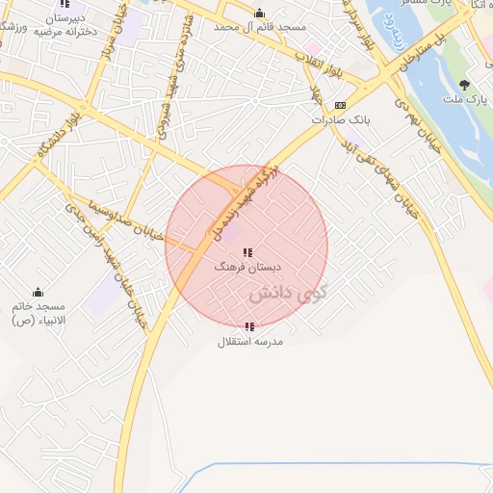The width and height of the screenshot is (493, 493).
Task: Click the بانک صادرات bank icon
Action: [x=340, y=105]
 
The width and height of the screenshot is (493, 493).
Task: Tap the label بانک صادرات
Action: [x=340, y=120]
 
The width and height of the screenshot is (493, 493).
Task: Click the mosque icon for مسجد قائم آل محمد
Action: [x=258, y=13]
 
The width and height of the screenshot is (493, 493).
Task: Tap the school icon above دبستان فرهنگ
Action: [x=247, y=252]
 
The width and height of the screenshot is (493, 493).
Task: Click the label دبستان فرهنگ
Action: [x=247, y=267]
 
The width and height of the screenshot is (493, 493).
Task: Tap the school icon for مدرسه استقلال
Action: [x=249, y=327]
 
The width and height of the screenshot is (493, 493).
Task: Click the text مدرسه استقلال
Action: [x=249, y=342]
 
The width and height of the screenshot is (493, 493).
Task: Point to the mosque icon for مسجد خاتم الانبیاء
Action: [x=38, y=292]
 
